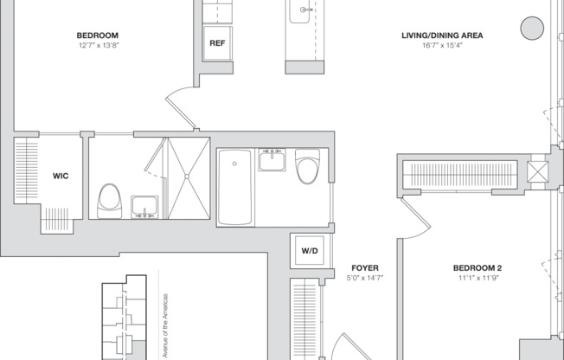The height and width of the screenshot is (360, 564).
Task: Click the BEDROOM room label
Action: click(x=98, y=35)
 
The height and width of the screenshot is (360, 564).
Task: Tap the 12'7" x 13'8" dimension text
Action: click(x=99, y=45)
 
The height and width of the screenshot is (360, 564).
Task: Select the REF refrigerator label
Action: click(x=217, y=43)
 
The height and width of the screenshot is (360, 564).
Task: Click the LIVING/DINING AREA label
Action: click(x=442, y=35)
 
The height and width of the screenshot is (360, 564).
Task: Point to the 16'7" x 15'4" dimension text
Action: click(x=442, y=45)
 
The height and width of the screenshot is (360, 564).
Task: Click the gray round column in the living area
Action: click(x=532, y=28)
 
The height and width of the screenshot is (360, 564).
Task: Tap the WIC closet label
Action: click(x=61, y=176)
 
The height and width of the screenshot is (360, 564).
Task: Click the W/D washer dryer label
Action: click(x=310, y=251)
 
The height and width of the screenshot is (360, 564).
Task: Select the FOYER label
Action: click(x=365, y=268)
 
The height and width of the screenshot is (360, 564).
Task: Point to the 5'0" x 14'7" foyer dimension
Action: click(x=365, y=278)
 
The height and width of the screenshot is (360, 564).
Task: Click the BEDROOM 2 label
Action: click(x=477, y=268)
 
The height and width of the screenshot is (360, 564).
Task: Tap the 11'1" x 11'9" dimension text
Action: click(x=478, y=278)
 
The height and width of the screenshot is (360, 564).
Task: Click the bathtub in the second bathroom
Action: click(x=235, y=187)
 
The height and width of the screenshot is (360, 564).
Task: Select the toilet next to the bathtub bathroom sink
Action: click(x=308, y=166)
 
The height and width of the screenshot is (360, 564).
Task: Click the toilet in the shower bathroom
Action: click(x=109, y=202)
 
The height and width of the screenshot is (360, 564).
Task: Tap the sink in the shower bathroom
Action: click(x=144, y=207)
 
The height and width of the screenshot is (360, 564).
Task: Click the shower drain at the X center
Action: click(x=187, y=177)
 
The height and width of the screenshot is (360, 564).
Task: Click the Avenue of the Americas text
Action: click(x=165, y=325)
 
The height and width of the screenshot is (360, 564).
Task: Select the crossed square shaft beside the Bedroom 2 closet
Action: click(x=537, y=171)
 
